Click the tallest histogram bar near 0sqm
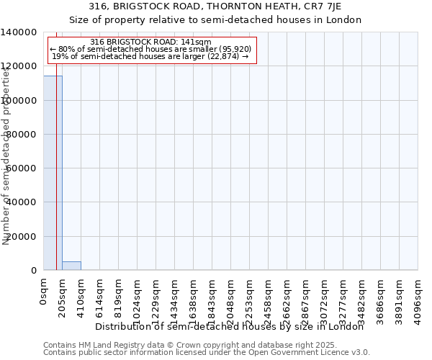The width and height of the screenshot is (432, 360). point(53,173)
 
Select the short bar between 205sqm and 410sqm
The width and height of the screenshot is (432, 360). point(71,266)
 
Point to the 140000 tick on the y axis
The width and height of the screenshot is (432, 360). point(21,32)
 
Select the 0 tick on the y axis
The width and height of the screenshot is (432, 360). point(35,271)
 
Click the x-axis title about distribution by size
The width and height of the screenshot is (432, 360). point(230,326)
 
